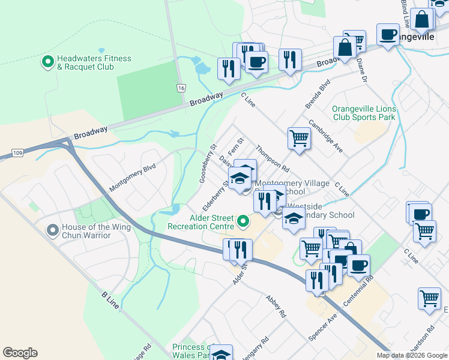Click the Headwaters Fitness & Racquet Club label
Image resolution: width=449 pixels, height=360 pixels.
point(94,62)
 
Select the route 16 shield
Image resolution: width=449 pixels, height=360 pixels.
point(181,88)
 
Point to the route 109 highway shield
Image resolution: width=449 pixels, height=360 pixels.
point(18,154)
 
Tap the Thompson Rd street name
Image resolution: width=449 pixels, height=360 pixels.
point(272,157)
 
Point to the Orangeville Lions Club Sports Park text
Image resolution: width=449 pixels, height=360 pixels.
point(364,113)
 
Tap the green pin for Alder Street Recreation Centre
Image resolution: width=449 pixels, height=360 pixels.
point(243,222)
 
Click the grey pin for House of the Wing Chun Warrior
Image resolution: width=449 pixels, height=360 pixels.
point(54,229)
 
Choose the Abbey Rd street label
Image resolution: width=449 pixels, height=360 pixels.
point(276,307)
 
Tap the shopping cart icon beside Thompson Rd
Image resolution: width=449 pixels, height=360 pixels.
point(299,138)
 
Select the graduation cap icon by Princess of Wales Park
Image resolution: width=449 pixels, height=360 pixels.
point(221,354)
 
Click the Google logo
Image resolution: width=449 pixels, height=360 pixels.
point(20,353)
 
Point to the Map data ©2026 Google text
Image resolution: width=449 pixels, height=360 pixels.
point(412,355)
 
